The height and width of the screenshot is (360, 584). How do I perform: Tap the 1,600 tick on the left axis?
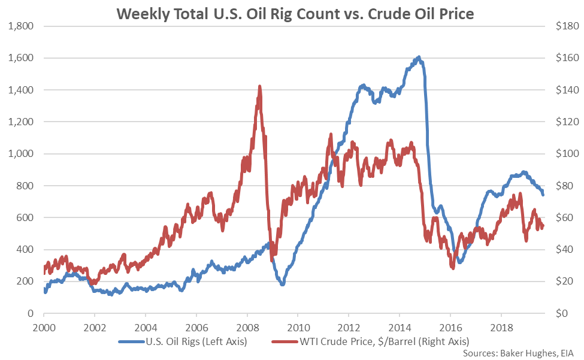(x=21, y=58)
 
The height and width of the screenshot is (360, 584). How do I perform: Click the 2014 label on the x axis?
(x=400, y=329)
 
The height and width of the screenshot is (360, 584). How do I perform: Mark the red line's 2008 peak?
(x=259, y=86)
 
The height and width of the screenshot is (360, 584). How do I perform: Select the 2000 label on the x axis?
(x=44, y=329)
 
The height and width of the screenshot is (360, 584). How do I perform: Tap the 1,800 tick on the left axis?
(x=21, y=26)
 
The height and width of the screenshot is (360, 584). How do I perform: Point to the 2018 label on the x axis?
(x=501, y=329)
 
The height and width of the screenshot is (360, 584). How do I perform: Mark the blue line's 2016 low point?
(x=460, y=262)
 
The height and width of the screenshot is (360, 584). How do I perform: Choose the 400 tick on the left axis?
(x=25, y=250)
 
